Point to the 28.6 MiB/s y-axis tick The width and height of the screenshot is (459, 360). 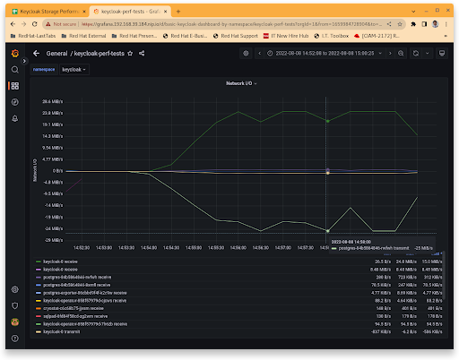51,101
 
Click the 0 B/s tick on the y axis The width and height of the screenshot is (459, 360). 56,170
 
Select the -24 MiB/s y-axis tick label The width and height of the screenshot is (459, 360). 51,227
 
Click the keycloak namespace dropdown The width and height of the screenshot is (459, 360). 74,68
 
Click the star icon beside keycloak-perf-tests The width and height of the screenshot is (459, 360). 130,53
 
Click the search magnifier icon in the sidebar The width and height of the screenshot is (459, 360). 14,69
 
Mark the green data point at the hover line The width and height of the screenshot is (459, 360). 328,120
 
